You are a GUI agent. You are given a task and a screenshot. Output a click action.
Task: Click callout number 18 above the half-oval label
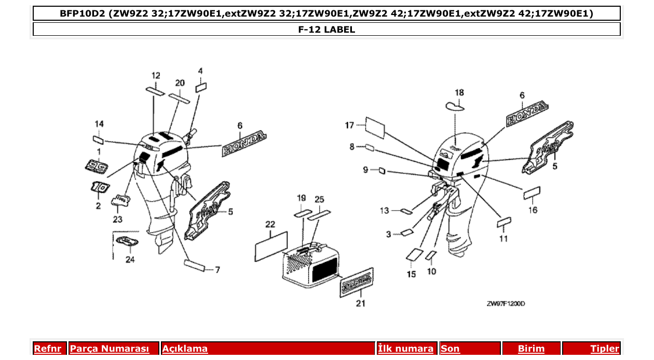tap(459, 93)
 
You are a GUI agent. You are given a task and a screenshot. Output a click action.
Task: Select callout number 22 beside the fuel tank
tap(270, 224)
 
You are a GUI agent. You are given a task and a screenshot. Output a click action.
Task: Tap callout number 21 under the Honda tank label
tap(360, 303)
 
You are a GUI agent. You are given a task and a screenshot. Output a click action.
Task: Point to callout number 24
tap(130, 259)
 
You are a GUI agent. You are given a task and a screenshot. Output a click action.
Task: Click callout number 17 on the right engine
tap(349, 125)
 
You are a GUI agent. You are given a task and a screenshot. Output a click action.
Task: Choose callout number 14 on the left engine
tap(99, 123)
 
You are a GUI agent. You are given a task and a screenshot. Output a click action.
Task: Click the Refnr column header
tap(47, 349)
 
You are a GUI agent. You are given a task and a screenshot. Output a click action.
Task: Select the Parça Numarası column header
tap(110, 349)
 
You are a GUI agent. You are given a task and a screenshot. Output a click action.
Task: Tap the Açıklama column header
tap(185, 349)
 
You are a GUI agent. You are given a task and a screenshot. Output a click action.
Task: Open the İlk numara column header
tap(405, 349)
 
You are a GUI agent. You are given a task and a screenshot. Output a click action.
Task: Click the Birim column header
tap(531, 349)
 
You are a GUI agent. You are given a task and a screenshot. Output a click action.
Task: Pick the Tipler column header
tap(605, 349)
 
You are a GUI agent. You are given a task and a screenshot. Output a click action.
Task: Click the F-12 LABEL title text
tap(326, 30)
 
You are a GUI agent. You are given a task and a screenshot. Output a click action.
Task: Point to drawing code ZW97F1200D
tap(506, 303)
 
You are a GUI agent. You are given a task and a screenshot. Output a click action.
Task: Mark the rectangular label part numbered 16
tap(532, 193)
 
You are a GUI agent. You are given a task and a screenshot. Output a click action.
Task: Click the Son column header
tap(450, 349)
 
